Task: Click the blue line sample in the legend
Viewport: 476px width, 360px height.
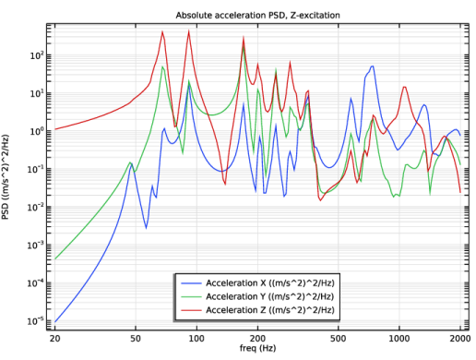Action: [x=191, y=282]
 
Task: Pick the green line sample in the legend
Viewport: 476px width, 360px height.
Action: [x=191, y=296]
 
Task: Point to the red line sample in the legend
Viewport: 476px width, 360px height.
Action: [x=191, y=311]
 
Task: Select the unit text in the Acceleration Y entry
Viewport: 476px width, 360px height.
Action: [x=303, y=296]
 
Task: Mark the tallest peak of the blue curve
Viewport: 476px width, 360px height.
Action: [x=373, y=66]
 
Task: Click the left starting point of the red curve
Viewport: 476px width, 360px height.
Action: [x=54, y=129]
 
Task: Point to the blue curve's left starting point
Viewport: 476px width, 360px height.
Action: [x=54, y=322]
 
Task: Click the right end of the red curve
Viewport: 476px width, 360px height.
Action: [x=461, y=191]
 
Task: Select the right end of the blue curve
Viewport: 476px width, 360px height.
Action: [x=460, y=137]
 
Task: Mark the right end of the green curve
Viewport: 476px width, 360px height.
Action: [x=460, y=169]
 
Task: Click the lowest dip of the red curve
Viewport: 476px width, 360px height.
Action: [x=320, y=199]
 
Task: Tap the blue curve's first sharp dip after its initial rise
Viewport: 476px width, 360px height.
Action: [x=146, y=227]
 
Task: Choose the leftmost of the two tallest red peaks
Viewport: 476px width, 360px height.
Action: [x=163, y=31]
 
